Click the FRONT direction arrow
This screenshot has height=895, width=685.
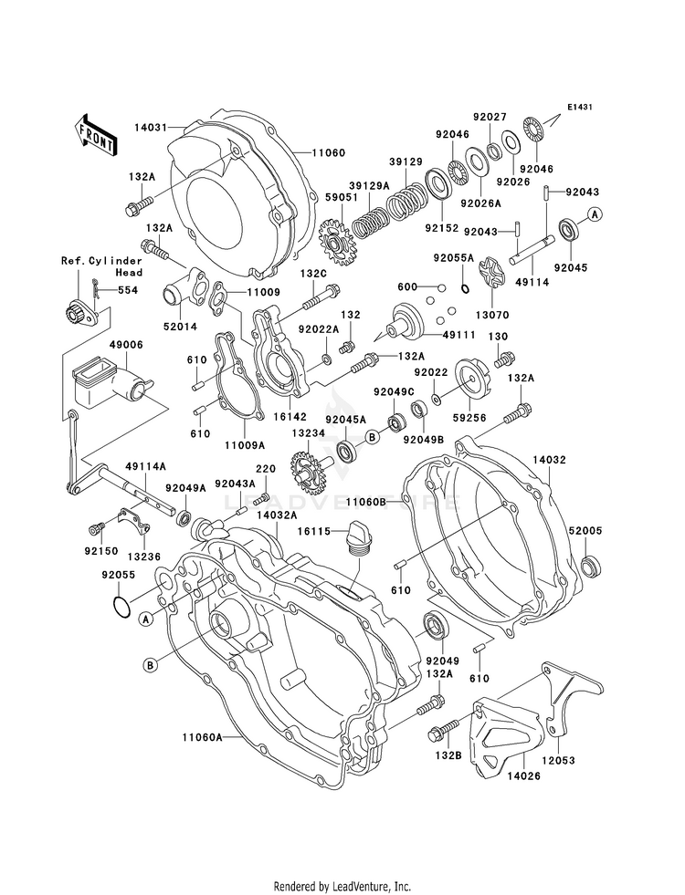[x=95, y=135]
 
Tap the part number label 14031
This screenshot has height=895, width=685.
[x=152, y=128]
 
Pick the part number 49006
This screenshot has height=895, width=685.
[x=126, y=345]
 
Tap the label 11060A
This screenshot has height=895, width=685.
[x=202, y=737]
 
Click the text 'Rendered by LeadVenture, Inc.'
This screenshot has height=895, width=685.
[x=342, y=886]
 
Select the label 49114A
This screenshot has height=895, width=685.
[x=146, y=466]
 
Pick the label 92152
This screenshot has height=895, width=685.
[x=442, y=228]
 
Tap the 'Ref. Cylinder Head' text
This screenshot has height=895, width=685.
[x=101, y=266]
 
